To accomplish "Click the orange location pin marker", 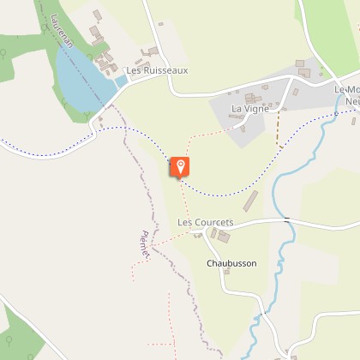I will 181,166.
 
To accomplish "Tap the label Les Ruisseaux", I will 156,70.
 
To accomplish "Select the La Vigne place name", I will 249,109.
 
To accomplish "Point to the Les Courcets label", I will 205,222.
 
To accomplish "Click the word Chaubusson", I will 231,263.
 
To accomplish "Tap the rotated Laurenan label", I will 63,28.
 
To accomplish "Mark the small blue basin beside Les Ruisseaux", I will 121,81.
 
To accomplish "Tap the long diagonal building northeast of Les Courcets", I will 250,202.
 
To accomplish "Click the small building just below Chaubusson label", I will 227,274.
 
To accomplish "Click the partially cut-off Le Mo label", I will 346,90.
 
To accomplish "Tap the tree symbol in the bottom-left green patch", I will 9,340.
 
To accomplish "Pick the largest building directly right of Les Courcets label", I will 223,235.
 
